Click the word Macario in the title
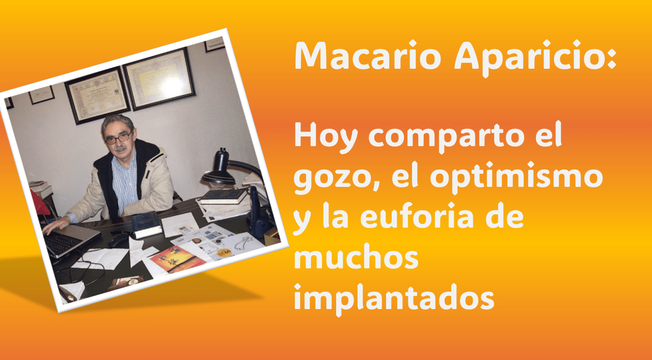tap(368, 56)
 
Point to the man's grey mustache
tap(121, 149)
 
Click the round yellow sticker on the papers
tap(224, 252)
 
